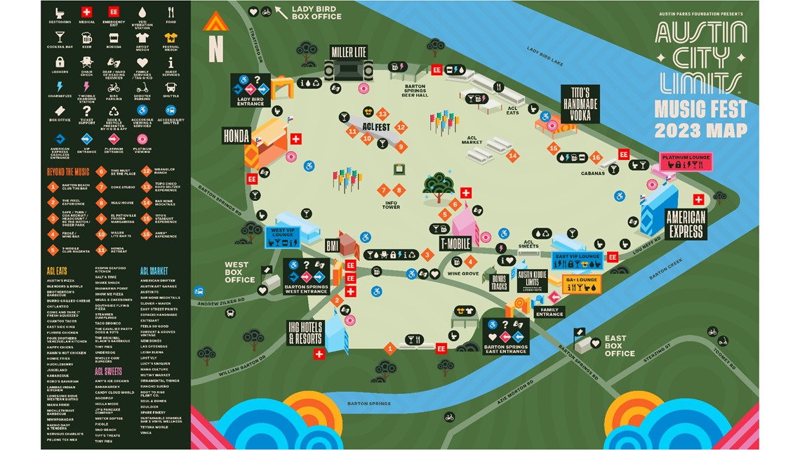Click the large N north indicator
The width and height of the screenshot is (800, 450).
point(215,50)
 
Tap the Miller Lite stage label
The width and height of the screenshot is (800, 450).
point(349,52)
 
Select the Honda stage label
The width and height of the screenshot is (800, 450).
point(236,135)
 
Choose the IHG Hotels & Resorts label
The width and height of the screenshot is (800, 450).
point(305,333)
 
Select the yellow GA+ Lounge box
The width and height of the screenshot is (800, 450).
point(582,283)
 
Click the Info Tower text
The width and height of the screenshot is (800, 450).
point(391,206)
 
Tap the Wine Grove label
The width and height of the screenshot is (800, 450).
point(463,274)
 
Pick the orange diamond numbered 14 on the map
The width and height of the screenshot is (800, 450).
point(513,156)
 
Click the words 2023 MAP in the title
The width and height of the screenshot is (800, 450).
point(700,130)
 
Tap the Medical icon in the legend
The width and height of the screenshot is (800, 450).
point(86,13)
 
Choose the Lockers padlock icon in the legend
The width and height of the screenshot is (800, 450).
point(60,62)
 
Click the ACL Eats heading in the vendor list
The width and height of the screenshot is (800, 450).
point(57,270)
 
